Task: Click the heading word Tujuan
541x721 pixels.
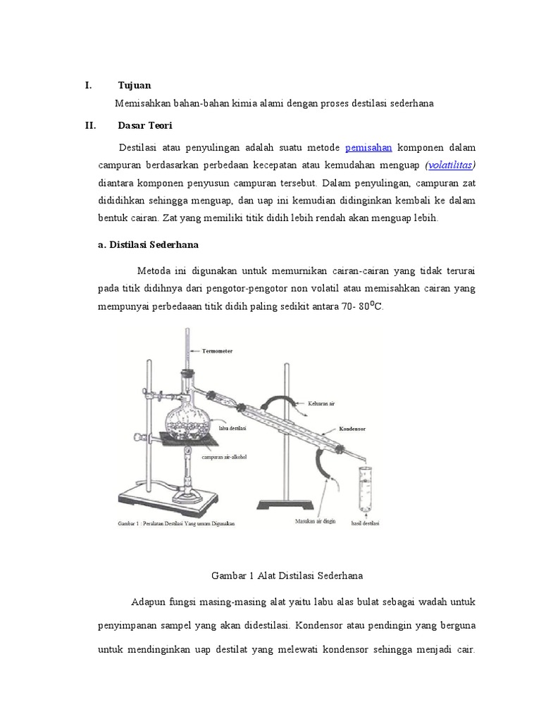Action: [x=134, y=85]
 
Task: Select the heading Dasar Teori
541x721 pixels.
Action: [x=144, y=125]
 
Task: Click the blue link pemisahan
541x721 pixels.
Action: [x=368, y=148]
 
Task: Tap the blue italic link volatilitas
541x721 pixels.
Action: [x=451, y=165]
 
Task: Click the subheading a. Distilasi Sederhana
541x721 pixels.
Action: [x=148, y=244]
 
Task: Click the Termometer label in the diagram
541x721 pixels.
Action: [x=217, y=350]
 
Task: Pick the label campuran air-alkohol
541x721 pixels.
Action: [x=224, y=456]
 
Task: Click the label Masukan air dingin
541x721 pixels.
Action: [x=315, y=522]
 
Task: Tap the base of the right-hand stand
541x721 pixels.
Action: [x=284, y=504]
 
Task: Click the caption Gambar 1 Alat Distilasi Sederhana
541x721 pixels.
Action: [x=287, y=575]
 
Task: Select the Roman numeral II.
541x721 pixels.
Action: [x=89, y=125]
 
